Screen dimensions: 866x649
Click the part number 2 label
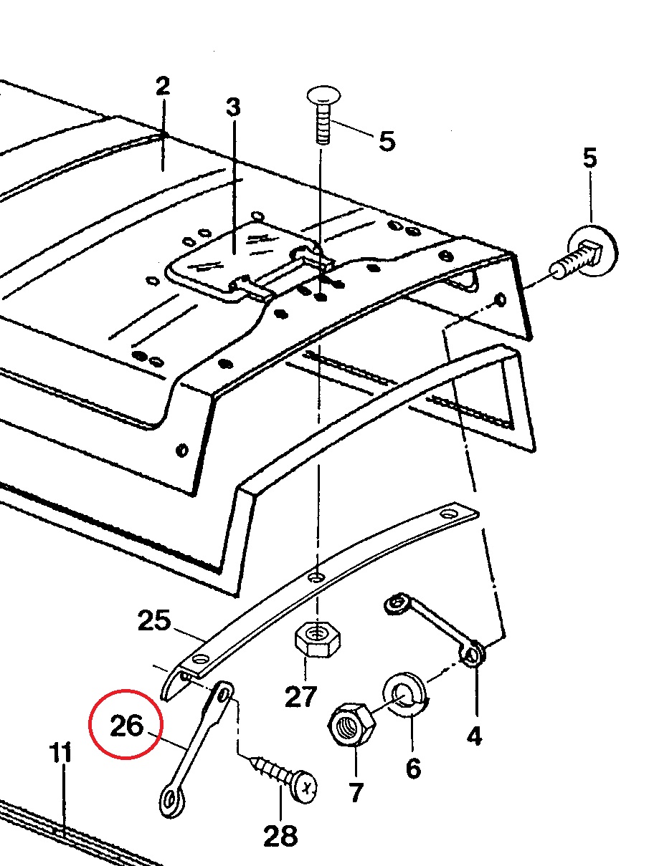point(163,87)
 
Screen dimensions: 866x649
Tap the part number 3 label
point(233,108)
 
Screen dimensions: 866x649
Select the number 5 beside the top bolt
point(387,140)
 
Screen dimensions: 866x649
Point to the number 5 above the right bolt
point(589,158)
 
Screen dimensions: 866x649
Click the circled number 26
point(126,726)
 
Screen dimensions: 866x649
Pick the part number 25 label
point(154,620)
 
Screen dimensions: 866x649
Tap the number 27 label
point(300,695)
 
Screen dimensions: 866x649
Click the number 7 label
point(356,792)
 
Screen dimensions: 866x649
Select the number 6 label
point(413,769)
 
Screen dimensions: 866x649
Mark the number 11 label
point(61,753)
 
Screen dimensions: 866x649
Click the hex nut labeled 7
point(352,725)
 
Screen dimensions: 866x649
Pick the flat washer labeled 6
point(405,691)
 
